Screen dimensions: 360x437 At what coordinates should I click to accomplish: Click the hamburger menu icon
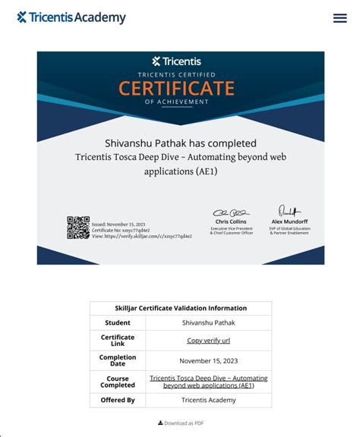click(x=339, y=18)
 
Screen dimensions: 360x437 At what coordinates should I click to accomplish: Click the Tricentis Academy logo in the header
click(x=71, y=17)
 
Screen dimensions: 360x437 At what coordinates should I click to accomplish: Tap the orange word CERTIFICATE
click(x=180, y=88)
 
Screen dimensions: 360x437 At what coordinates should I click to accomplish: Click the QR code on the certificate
click(x=78, y=228)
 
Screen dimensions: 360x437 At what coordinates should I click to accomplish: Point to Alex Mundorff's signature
click(x=289, y=211)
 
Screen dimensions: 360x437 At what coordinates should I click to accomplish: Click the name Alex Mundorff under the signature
click(x=289, y=222)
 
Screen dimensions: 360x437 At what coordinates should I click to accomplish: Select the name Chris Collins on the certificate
click(x=230, y=222)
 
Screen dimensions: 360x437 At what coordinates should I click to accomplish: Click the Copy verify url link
click(x=209, y=341)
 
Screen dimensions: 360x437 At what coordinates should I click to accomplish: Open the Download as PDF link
click(x=181, y=423)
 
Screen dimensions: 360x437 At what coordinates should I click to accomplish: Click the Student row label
click(x=118, y=322)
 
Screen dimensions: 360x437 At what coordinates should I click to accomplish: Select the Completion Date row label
click(x=118, y=360)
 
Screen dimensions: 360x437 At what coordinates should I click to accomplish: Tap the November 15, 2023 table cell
click(x=209, y=361)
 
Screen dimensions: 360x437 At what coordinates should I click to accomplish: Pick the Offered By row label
click(x=118, y=400)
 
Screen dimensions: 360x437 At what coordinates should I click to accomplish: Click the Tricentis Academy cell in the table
click(x=209, y=400)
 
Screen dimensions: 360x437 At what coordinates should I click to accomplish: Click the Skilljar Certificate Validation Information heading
click(x=181, y=308)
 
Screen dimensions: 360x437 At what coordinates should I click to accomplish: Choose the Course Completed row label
click(x=118, y=381)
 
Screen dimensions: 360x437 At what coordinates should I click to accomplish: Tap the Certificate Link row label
click(x=118, y=341)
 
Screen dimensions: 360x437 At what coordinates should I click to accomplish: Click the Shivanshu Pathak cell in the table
click(x=209, y=322)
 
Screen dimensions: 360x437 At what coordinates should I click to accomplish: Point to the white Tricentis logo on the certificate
click(x=180, y=61)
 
